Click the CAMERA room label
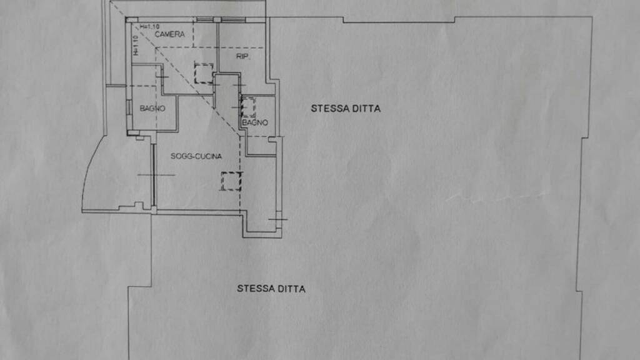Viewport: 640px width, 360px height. coord(170,34)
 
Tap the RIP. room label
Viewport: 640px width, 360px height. coord(243,57)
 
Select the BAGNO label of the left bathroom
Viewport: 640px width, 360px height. coord(152,108)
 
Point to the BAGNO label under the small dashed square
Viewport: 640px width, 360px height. coord(255,122)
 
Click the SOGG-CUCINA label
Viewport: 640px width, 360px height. coord(196,156)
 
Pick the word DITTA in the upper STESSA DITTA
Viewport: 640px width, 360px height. coord(364,108)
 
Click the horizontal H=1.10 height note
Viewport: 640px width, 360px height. coord(150,26)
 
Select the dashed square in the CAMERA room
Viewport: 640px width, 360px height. coord(204,74)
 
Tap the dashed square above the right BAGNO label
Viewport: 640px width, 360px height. coord(248,107)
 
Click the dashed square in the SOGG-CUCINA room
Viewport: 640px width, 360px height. coord(231,181)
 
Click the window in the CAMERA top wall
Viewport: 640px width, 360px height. coord(204,20)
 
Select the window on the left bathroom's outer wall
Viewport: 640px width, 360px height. coord(127,107)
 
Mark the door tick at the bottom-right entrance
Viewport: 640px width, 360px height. coord(277,219)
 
